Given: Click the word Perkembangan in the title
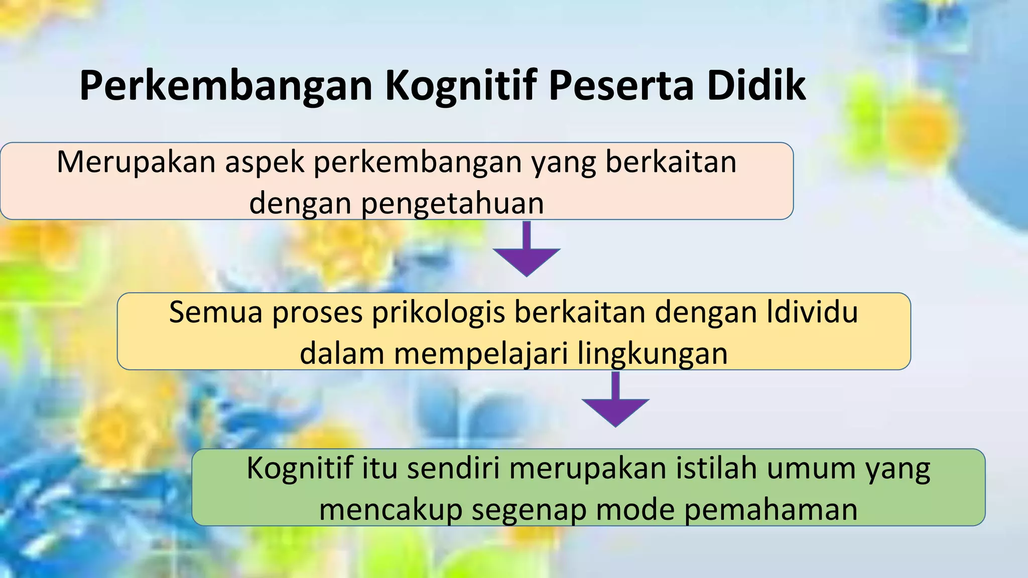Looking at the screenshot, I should click(x=226, y=86).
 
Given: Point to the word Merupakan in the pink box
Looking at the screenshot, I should click(x=136, y=163).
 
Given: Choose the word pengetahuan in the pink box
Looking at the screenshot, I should click(x=452, y=204).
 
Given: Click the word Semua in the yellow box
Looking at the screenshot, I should click(x=216, y=312).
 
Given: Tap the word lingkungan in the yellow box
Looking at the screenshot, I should click(x=652, y=353).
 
